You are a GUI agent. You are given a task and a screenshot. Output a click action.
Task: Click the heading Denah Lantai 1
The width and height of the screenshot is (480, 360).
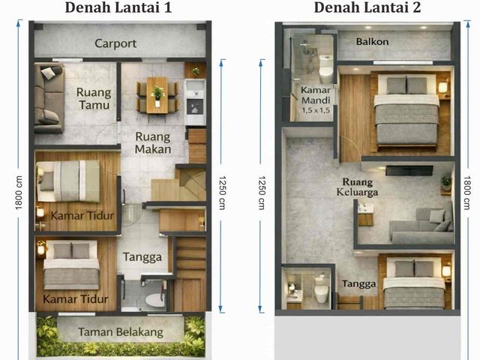click(x=118, y=7)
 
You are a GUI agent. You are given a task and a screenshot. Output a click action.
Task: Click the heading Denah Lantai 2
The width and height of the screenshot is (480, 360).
click(x=367, y=7)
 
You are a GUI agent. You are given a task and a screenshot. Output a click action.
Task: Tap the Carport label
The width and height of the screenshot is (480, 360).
click(x=115, y=43)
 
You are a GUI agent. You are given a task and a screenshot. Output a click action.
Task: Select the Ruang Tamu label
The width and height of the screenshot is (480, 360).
click(x=94, y=98)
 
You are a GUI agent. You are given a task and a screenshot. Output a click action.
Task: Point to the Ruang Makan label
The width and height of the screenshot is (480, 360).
click(x=153, y=143)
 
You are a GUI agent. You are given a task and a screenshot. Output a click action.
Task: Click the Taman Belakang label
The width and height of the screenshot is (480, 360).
click(x=121, y=332)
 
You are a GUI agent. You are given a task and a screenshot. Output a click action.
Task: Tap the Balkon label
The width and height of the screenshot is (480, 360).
click(x=372, y=42)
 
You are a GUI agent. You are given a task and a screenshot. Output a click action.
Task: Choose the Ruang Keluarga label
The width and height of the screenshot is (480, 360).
click(x=357, y=187)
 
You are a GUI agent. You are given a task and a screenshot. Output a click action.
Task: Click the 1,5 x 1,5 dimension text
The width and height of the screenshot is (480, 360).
click(x=316, y=110)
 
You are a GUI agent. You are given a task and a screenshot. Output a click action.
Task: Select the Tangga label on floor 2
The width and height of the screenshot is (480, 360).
click(x=358, y=284)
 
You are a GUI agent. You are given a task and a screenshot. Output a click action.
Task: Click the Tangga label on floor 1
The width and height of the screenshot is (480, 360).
click(x=142, y=257)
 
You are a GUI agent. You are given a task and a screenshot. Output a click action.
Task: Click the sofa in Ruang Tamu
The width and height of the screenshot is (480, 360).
click(x=49, y=98)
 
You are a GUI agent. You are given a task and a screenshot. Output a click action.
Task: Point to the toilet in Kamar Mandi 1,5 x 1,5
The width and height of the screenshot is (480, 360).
click(x=325, y=69)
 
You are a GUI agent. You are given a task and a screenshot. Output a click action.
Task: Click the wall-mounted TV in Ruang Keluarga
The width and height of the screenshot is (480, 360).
click(x=409, y=170)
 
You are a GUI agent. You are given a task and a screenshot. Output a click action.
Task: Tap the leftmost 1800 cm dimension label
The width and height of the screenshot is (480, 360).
click(x=19, y=193)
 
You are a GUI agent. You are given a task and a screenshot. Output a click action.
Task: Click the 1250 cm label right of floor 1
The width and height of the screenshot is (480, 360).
click(x=222, y=193)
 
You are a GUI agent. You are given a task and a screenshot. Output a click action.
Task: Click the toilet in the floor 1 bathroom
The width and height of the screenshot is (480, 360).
click(x=154, y=300)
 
